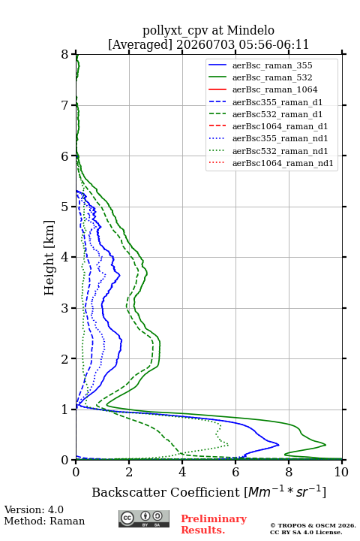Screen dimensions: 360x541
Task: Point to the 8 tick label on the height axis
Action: tap(65, 54)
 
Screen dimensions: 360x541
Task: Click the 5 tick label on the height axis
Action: tap(65, 207)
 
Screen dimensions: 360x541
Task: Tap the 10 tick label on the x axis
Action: tap(341, 472)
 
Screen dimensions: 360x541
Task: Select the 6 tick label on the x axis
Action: tap(235, 472)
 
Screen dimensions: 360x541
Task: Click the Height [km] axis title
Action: tap(49, 258)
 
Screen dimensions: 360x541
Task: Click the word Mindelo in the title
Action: tap(250, 30)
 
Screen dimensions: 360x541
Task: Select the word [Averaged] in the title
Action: tap(140, 44)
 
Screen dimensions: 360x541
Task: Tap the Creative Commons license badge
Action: tap(144, 518)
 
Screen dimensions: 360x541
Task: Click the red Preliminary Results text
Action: tap(214, 524)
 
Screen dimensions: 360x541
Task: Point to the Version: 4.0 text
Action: tap(34, 509)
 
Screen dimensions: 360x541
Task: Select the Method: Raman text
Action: tap(44, 521)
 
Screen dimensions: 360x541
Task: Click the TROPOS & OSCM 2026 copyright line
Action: tap(313, 525)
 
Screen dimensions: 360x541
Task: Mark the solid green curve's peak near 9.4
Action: tap(325, 445)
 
